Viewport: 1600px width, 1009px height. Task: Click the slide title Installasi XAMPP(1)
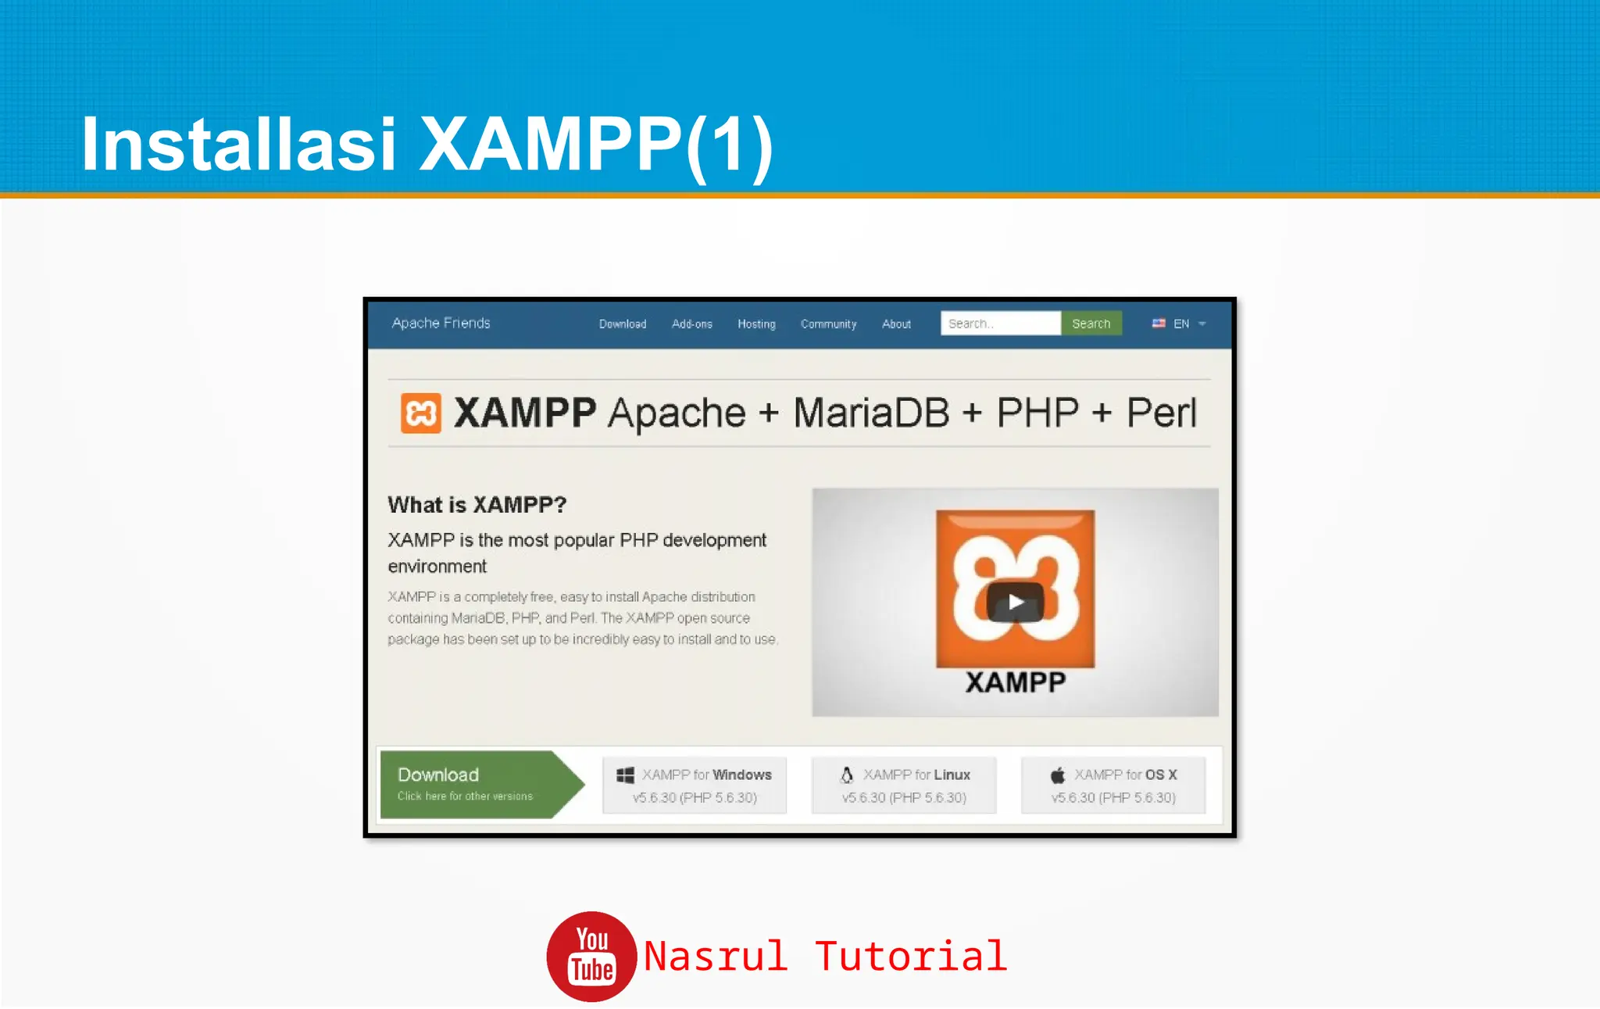pyautogui.click(x=427, y=145)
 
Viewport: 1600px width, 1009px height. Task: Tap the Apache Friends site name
pyautogui.click(x=441, y=323)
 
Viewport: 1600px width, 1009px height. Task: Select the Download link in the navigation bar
pyautogui.click(x=622, y=324)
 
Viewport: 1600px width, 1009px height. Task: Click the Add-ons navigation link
pyautogui.click(x=691, y=324)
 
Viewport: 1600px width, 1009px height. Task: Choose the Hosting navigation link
pyautogui.click(x=756, y=324)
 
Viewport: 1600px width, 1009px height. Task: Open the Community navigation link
pyautogui.click(x=828, y=324)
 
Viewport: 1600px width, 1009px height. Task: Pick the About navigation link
pyautogui.click(x=896, y=324)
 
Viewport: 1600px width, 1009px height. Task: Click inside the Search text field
pyautogui.click(x=1000, y=324)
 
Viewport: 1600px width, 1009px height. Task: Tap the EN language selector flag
pyautogui.click(x=1159, y=324)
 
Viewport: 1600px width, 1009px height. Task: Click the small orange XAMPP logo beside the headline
pyautogui.click(x=420, y=413)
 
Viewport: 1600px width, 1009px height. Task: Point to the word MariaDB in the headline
pyautogui.click(x=871, y=413)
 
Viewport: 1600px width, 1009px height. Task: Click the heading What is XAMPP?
pyautogui.click(x=477, y=505)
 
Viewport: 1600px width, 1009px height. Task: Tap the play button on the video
pyautogui.click(x=1015, y=602)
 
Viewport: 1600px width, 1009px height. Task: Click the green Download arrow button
pyautogui.click(x=477, y=784)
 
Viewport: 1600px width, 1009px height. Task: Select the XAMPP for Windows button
pyautogui.click(x=695, y=785)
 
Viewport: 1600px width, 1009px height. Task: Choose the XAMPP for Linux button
pyautogui.click(x=904, y=785)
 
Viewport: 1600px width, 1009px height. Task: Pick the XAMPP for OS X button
pyautogui.click(x=1112, y=785)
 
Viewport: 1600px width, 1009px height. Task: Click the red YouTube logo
pyautogui.click(x=591, y=956)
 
